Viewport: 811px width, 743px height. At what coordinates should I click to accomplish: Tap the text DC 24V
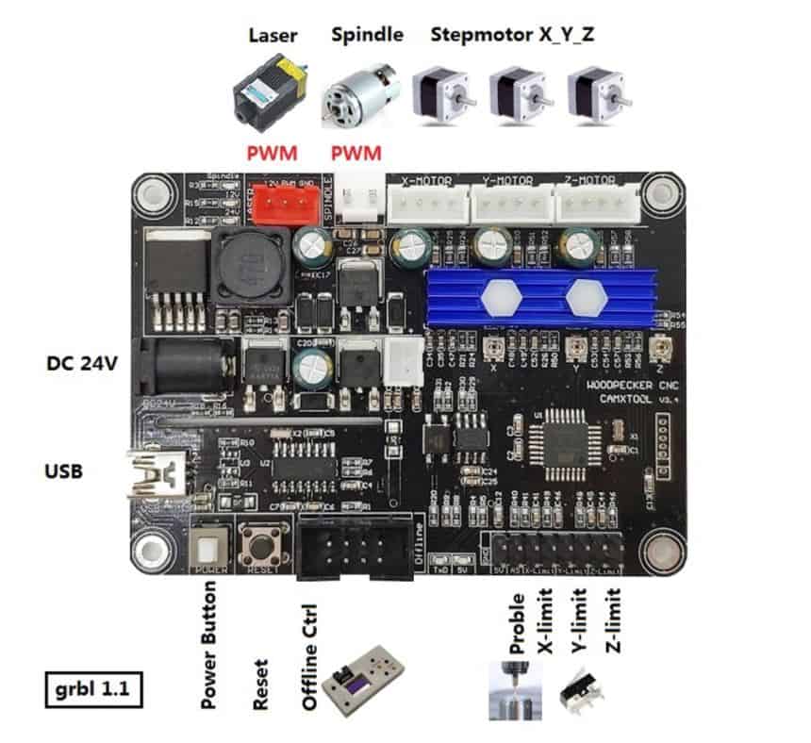[x=81, y=363]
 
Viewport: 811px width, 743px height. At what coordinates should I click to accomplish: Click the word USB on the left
[x=62, y=469]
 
